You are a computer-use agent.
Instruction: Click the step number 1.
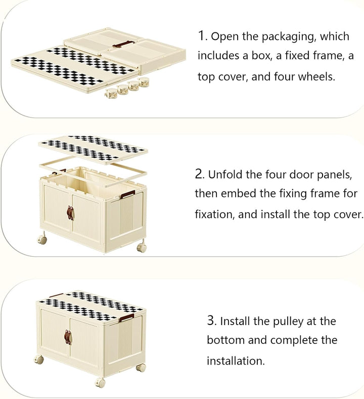tap(202, 36)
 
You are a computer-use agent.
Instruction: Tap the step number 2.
tap(199, 175)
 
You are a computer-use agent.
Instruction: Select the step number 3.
tap(211, 321)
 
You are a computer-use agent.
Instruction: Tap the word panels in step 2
tap(334, 175)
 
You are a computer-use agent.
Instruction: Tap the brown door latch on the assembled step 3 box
tap(67, 337)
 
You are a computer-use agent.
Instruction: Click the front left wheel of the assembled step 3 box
tap(39, 360)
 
